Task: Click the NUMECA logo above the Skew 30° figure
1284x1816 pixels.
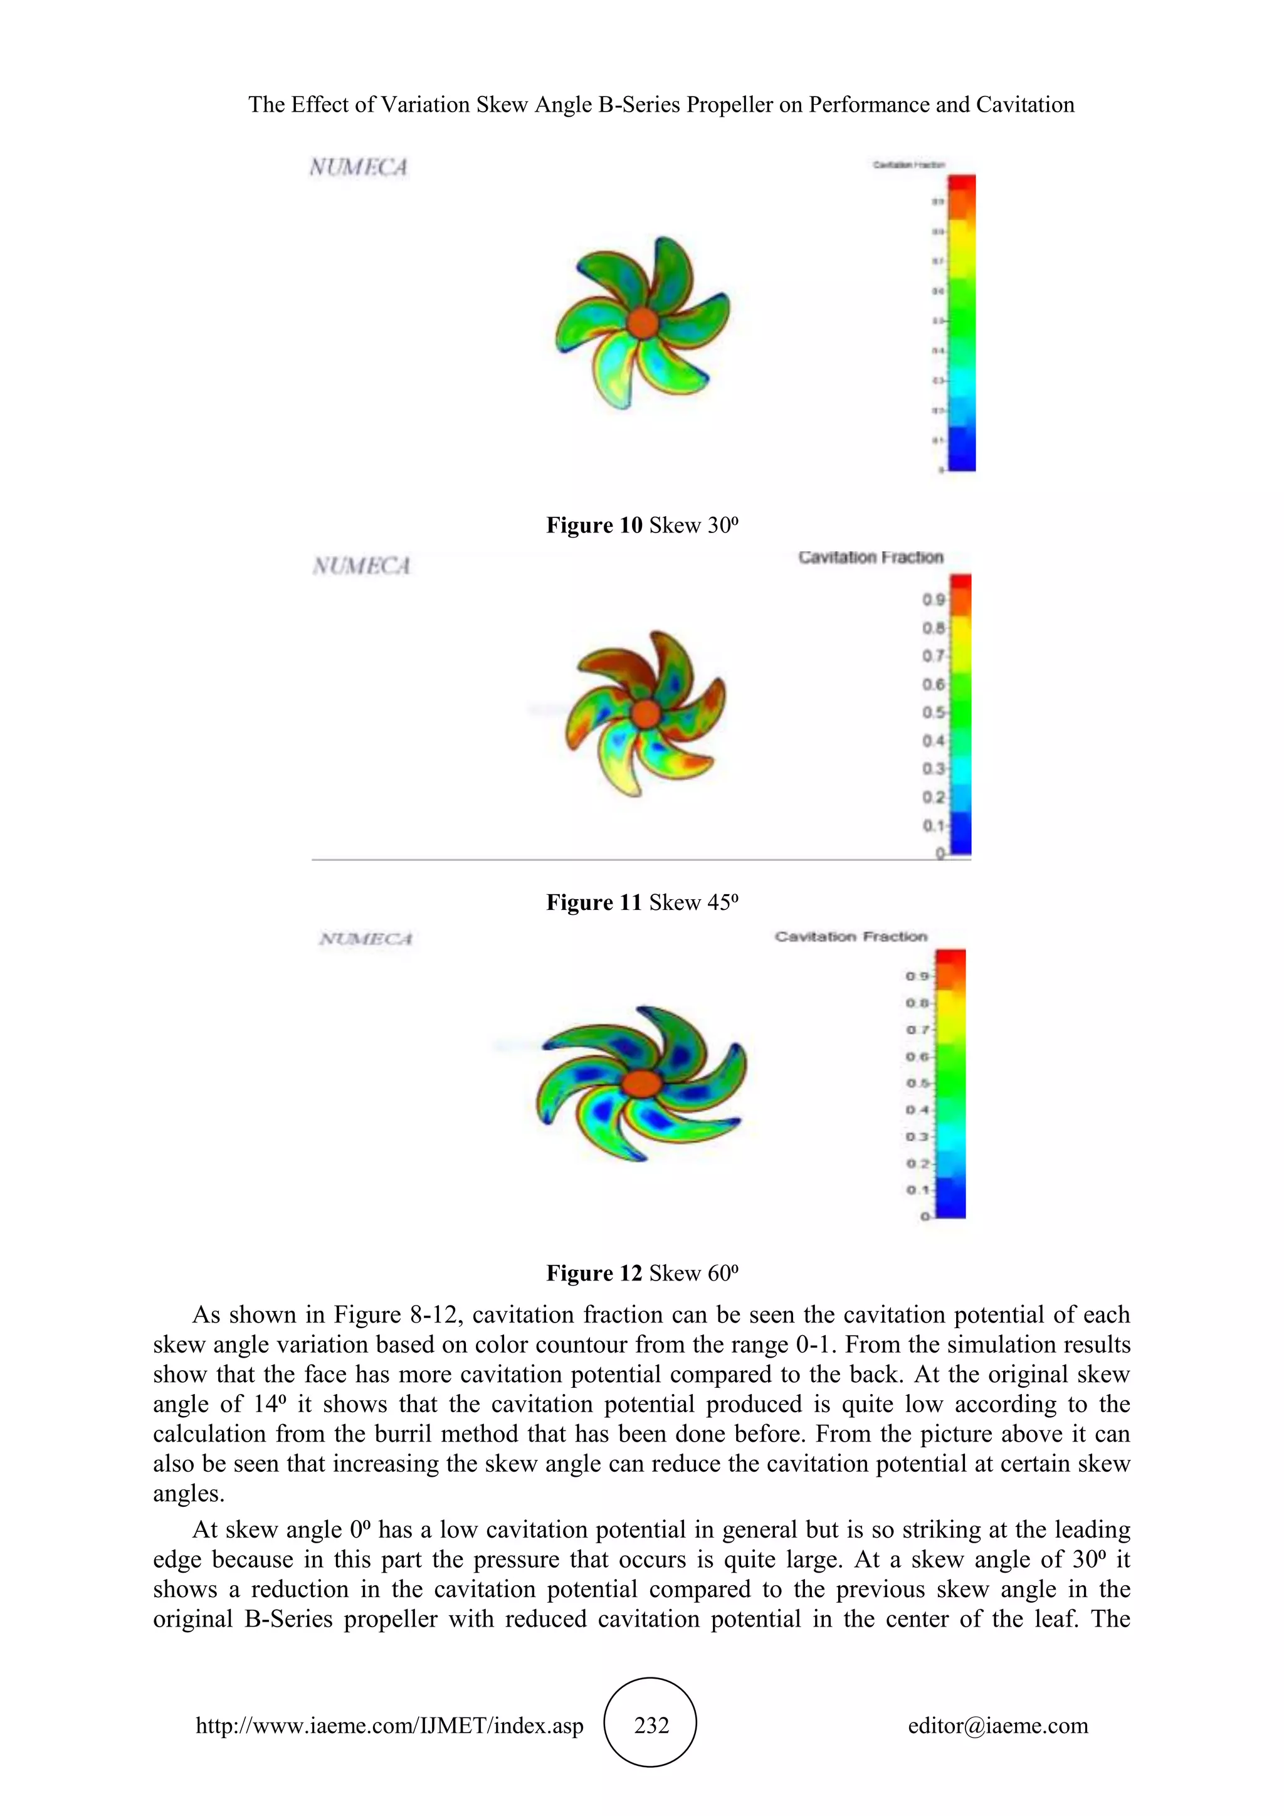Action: (x=358, y=167)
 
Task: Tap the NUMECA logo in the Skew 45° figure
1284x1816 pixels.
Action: (x=361, y=566)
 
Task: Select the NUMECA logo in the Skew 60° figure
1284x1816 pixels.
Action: (x=366, y=939)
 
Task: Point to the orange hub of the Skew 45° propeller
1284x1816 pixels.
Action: (x=647, y=714)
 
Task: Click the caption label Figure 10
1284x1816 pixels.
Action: (x=594, y=525)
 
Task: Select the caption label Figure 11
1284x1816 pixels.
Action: (x=594, y=902)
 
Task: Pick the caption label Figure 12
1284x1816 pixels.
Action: (x=594, y=1272)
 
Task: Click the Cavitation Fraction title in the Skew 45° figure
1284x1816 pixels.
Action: (x=870, y=557)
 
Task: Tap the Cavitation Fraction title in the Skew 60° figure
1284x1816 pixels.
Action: (x=851, y=936)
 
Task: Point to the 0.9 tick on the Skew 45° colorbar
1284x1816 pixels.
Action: (x=934, y=599)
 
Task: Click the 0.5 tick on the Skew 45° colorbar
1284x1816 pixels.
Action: (x=934, y=712)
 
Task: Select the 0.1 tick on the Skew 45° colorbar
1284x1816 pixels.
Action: (x=934, y=826)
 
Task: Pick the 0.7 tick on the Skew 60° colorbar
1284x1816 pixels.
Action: (x=917, y=1030)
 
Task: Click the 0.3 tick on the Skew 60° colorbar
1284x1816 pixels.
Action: (x=917, y=1137)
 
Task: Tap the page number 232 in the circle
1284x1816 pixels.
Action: (x=651, y=1725)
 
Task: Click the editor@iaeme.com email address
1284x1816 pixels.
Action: (x=997, y=1725)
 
